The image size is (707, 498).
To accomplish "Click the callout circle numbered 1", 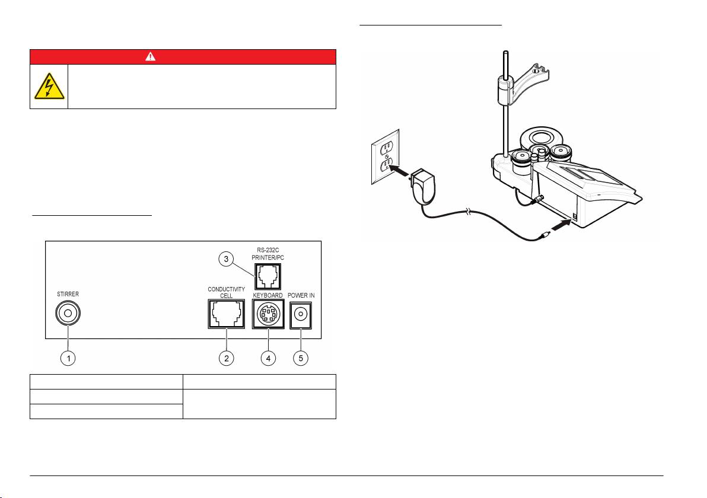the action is [x=68, y=358].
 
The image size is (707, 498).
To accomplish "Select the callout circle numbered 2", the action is [x=227, y=358].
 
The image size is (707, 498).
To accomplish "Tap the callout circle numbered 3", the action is [x=226, y=258].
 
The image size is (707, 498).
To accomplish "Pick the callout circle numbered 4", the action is [x=268, y=358].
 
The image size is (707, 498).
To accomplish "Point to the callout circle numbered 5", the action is [x=301, y=358].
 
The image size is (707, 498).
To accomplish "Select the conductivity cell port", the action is [x=227, y=314].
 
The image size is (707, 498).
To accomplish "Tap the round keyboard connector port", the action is [x=268, y=314].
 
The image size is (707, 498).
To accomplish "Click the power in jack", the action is [x=301, y=315].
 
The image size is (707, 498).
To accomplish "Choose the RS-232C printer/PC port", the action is [x=268, y=276].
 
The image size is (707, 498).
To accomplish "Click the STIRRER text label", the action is [x=68, y=294].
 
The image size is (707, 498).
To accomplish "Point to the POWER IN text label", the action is [x=301, y=295].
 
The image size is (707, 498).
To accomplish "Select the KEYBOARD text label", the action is [x=268, y=295].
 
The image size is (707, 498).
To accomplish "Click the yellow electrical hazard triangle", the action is [x=49, y=87].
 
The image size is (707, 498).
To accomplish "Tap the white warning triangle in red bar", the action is [x=150, y=56].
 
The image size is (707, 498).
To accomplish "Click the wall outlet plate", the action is [x=385, y=157].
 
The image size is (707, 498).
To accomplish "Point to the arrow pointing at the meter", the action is [x=562, y=224].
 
